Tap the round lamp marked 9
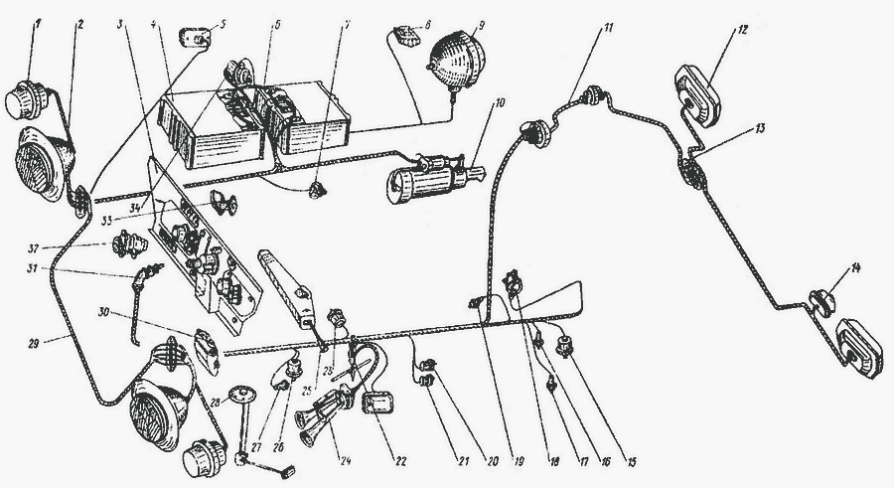coord(452,61)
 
